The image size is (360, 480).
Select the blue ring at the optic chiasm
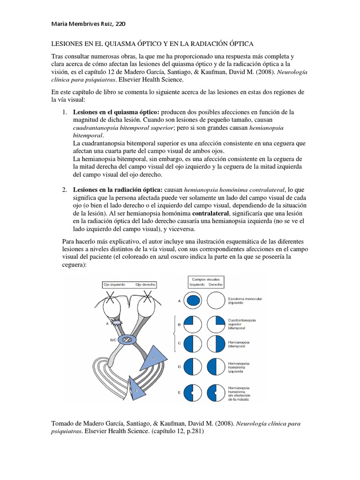pos(126,339)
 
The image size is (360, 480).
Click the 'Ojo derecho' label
pos(145,285)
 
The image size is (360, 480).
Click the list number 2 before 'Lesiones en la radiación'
pos(64,189)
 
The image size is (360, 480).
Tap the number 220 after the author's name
pos(120,23)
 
